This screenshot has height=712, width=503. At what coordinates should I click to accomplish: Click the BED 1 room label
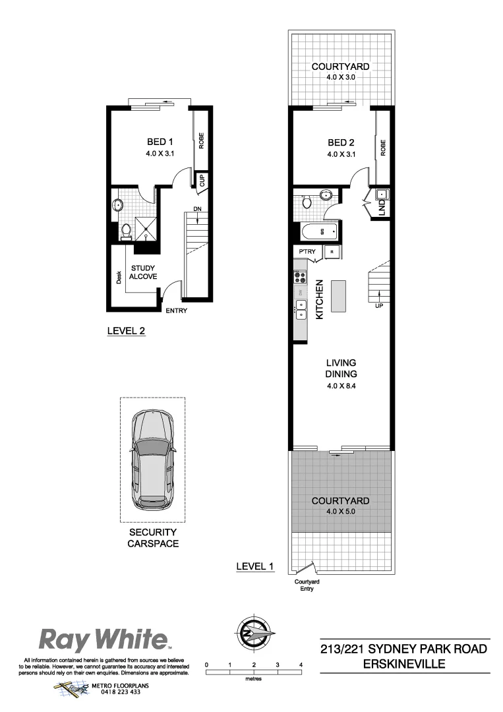(159, 142)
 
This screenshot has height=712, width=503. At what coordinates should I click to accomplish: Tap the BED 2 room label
(341, 142)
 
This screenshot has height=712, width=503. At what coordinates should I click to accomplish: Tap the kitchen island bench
(339, 296)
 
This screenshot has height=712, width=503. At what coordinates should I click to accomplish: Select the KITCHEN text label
(319, 300)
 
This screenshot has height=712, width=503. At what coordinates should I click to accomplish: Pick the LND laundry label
(382, 208)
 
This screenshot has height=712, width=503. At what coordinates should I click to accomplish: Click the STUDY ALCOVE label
(143, 273)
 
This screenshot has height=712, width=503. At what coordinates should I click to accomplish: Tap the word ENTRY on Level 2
(176, 311)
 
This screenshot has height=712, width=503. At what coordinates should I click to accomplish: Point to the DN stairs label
(197, 210)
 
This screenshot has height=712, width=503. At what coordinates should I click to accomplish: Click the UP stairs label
(379, 306)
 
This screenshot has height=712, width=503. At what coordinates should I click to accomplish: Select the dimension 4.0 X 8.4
(341, 386)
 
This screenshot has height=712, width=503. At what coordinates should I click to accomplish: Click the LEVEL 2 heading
(126, 332)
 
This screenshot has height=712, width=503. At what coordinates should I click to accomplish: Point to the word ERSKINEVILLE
(404, 664)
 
